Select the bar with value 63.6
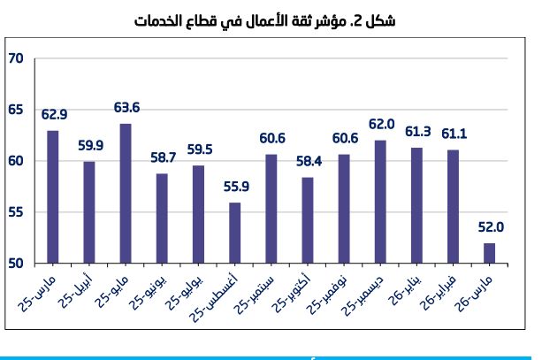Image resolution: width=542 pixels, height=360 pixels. click(x=126, y=193)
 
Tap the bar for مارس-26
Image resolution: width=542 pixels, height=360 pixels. click(x=489, y=253)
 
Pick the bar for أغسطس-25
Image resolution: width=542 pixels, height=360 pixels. click(x=234, y=233)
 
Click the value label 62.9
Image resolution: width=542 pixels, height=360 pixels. click(x=53, y=114)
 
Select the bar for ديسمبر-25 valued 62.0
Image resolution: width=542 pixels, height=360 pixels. click(x=380, y=202)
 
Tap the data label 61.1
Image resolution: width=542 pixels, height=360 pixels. click(x=453, y=134)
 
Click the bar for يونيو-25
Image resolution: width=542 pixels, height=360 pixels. click(x=162, y=218)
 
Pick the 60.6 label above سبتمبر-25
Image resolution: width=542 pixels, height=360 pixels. click(x=271, y=138)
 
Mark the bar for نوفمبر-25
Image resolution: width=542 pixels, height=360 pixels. click(x=344, y=209)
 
